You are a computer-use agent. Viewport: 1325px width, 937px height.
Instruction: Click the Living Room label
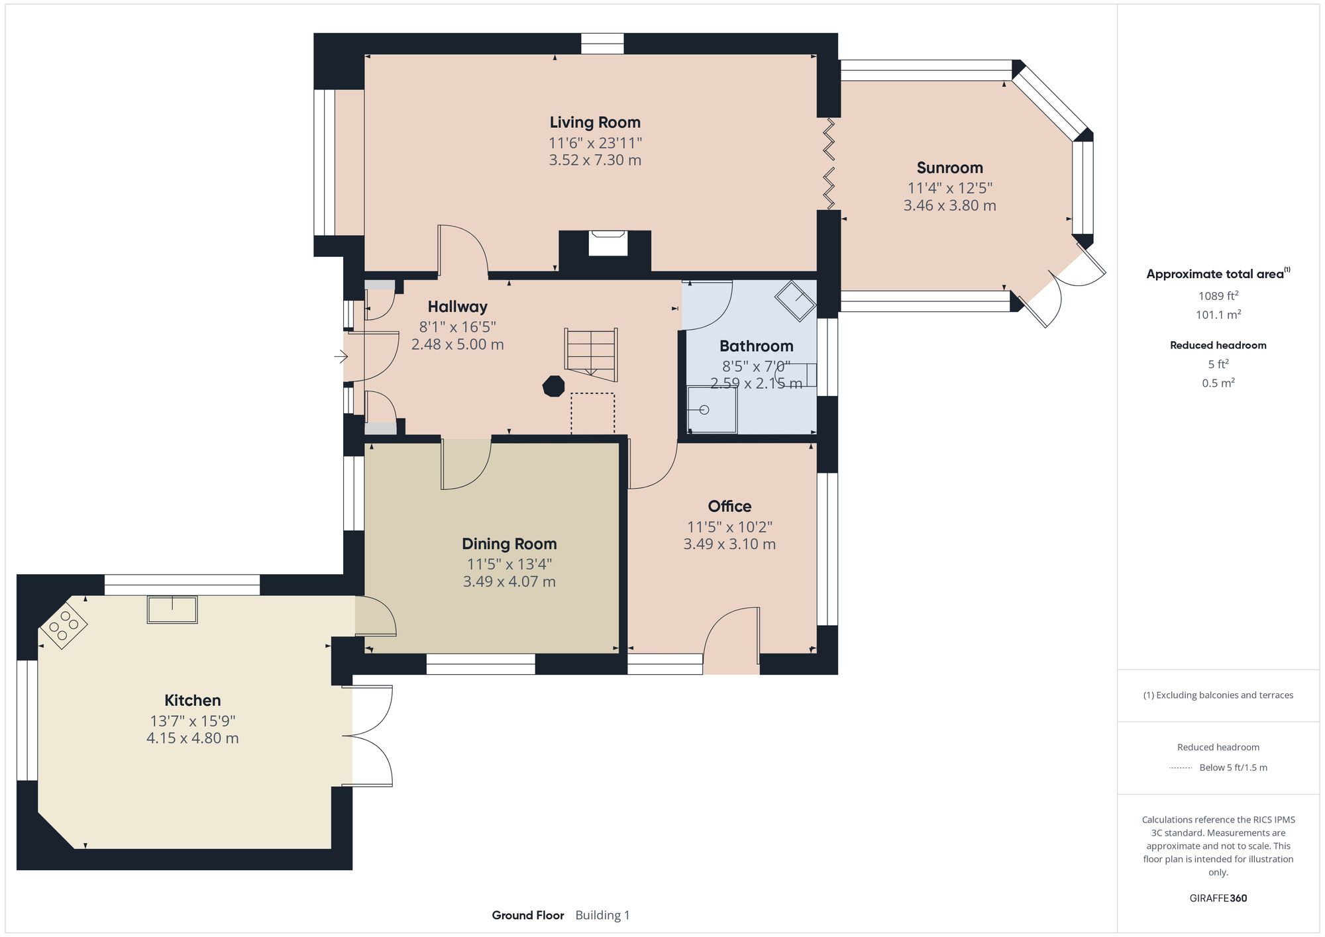point(595,123)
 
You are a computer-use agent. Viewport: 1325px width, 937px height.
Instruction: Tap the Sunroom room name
point(949,168)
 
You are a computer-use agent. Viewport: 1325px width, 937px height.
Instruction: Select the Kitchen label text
point(192,700)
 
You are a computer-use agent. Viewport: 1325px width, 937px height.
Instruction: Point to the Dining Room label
point(509,544)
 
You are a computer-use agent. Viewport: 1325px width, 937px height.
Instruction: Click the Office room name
point(729,507)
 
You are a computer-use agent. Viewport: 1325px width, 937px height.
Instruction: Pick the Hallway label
point(457,307)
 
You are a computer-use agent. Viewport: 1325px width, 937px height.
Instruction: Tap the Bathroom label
point(756,346)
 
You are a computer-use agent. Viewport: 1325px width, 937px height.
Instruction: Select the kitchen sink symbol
point(172,610)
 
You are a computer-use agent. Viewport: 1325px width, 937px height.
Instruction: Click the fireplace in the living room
point(608,243)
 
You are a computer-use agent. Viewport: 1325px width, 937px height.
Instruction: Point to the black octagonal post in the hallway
point(553,385)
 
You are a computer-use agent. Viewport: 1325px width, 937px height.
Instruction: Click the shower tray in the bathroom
point(712,410)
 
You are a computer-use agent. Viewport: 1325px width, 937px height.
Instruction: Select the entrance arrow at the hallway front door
point(341,358)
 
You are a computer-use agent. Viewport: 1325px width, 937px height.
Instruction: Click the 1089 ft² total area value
point(1218,295)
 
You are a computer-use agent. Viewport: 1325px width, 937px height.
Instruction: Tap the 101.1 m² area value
point(1218,315)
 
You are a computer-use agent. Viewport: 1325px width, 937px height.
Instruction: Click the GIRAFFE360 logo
point(1218,899)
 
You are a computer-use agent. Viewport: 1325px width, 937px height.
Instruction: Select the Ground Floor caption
point(528,915)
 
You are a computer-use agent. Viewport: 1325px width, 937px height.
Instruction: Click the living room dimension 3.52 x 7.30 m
point(595,160)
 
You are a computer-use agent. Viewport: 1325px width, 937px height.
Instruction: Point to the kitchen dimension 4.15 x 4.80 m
point(192,738)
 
